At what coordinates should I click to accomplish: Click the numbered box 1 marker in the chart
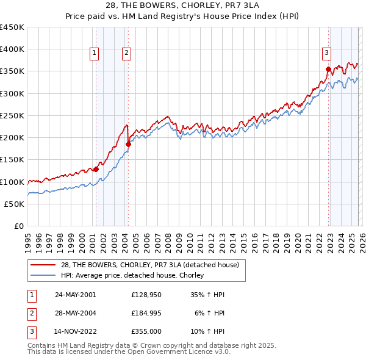pyautogui.click(x=95, y=54)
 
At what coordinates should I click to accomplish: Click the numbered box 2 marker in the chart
pyautogui.click(x=126, y=54)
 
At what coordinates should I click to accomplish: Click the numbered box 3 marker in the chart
pyautogui.click(x=326, y=54)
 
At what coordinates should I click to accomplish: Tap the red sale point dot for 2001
pyautogui.click(x=96, y=169)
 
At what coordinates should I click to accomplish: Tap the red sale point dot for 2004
pyautogui.click(x=129, y=144)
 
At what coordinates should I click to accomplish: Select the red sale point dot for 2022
pyautogui.click(x=328, y=69)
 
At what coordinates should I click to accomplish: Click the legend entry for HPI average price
pyautogui.click(x=132, y=275)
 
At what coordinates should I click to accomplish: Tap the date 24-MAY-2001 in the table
pyautogui.click(x=75, y=294)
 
